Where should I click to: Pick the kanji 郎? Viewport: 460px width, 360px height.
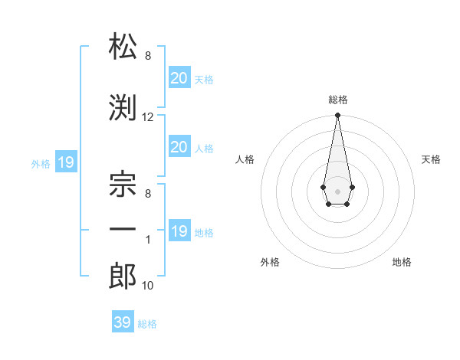coord(123,277)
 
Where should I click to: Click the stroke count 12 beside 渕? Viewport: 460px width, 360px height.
coord(148,117)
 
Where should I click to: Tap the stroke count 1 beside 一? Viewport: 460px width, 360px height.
coord(148,239)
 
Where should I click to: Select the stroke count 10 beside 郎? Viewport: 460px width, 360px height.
coord(148,286)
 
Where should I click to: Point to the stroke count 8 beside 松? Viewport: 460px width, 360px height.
coord(148,57)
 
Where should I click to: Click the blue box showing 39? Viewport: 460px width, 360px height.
coord(123,322)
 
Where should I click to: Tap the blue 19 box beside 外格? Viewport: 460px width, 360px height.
coord(65,162)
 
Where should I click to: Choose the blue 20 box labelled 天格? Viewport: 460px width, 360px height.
coord(179,77)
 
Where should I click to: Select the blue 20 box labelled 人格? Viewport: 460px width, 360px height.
coord(179,147)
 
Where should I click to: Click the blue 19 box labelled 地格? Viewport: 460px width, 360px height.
coord(179,231)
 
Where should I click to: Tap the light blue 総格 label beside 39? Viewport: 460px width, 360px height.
coord(147,324)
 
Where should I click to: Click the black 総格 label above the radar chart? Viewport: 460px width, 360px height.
coord(337,100)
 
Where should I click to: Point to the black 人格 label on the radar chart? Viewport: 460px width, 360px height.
coord(245,159)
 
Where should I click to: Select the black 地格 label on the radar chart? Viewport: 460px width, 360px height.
coord(402,262)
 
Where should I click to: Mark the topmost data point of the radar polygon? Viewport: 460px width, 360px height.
coord(337,116)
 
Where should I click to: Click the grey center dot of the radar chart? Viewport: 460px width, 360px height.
coord(337,191)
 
